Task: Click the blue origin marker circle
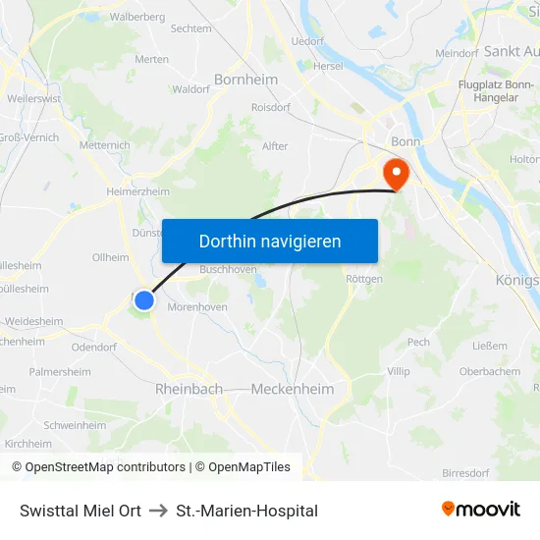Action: [144, 300]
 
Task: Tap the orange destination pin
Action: [397, 174]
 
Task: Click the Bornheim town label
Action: [245, 79]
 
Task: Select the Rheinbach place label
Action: [189, 389]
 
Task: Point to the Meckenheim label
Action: [293, 389]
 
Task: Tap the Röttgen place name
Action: [364, 279]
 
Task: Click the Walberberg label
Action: [137, 17]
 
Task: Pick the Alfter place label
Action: [275, 146]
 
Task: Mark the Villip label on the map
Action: [399, 371]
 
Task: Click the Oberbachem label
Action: [490, 371]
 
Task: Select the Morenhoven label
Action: [198, 307]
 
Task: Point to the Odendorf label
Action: [94, 347]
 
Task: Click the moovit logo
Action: [481, 510]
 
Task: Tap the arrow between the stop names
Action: [158, 511]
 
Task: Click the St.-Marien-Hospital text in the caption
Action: [247, 511]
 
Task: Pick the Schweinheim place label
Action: [75, 425]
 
